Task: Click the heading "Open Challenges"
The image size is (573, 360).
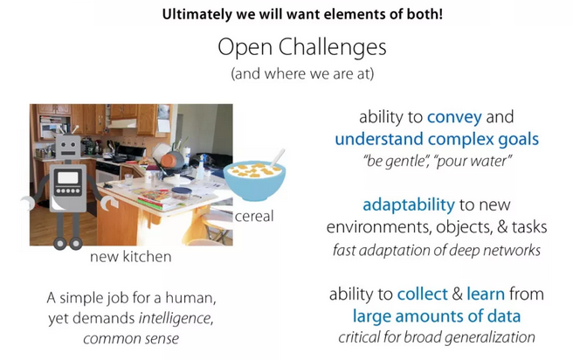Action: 302,47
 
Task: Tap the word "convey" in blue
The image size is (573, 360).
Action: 454,117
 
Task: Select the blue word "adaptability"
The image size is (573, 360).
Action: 409,205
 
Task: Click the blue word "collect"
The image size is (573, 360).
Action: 423,294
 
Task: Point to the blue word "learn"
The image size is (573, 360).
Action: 486,294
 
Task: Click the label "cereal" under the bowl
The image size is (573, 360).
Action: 254,217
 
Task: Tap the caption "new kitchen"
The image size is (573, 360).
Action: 130,257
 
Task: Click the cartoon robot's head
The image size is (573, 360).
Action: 68,147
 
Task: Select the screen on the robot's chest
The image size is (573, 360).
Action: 68,178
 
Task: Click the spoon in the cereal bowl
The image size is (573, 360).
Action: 277,159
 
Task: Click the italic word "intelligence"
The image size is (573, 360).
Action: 176,318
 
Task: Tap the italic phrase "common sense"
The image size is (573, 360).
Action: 131,339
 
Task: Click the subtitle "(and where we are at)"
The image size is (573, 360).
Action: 302,73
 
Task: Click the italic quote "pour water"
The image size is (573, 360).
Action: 473,161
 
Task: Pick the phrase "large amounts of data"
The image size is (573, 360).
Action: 437,316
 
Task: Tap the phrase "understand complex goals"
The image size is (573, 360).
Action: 437,140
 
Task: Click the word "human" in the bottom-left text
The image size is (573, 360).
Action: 190,298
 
